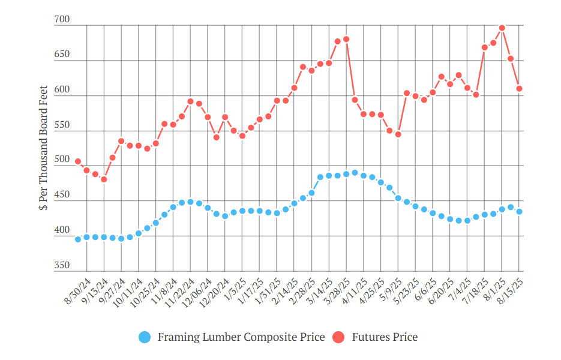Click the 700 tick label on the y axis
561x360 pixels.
click(62, 19)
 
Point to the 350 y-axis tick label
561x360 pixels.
click(62, 265)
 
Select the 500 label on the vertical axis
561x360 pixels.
click(62, 159)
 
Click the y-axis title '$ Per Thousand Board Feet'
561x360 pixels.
click(43, 148)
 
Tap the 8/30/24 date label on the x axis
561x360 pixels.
click(77, 291)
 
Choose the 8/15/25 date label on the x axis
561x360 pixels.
click(510, 291)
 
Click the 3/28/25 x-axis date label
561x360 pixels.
click(337, 291)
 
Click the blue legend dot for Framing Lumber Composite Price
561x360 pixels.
click(145, 337)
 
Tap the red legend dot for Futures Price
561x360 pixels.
click(338, 337)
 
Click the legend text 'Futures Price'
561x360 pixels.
click(385, 337)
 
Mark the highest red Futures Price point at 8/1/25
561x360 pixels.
click(502, 28)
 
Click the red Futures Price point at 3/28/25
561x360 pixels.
click(346, 39)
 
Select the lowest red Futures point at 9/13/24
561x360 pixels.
click(104, 179)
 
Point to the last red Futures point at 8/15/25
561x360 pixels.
click(519, 88)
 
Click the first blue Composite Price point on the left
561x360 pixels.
click(78, 239)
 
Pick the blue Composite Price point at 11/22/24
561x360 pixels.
click(190, 202)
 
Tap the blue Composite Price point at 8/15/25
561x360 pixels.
click(519, 211)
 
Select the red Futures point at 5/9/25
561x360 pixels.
click(398, 134)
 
